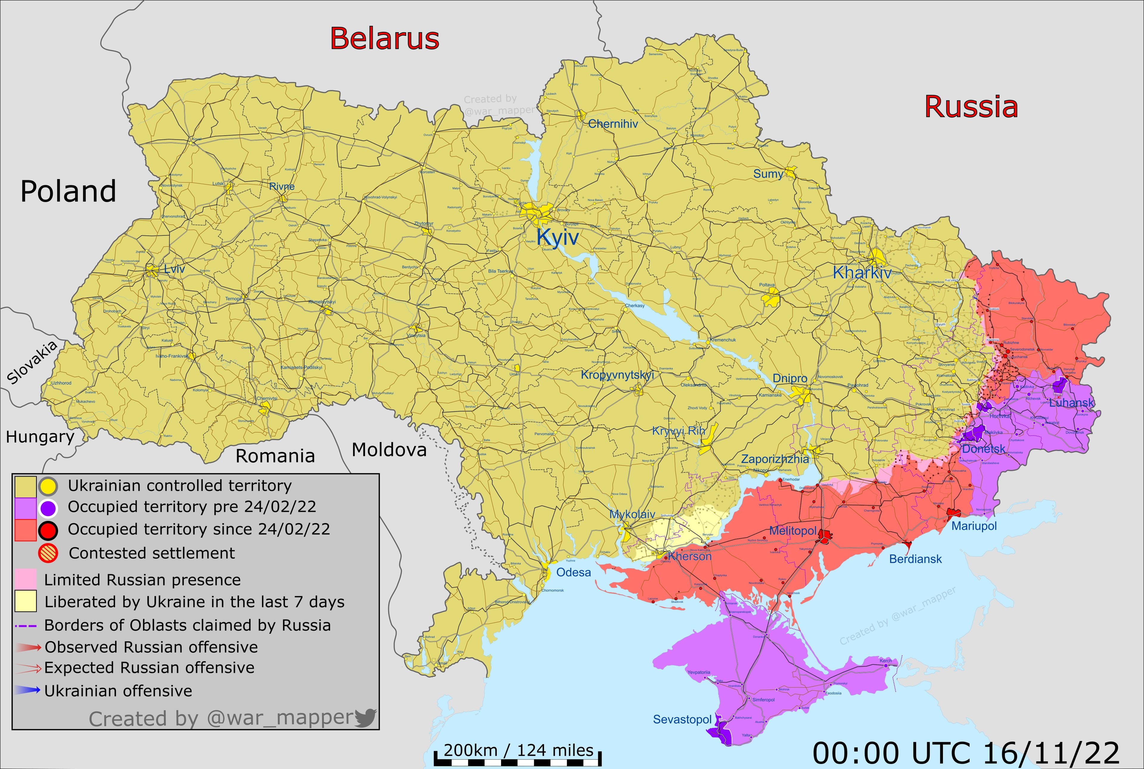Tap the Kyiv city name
click(x=557, y=237)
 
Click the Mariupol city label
click(x=974, y=526)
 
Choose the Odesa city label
click(x=573, y=572)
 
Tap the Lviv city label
click(x=175, y=269)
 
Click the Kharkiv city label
click(x=862, y=273)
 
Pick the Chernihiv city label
click(x=613, y=124)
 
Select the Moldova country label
click(x=389, y=450)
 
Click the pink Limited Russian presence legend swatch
click(x=26, y=579)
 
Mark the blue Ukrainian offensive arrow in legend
click(x=27, y=690)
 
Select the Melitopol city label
click(x=792, y=531)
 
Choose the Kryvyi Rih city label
click(x=678, y=431)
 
